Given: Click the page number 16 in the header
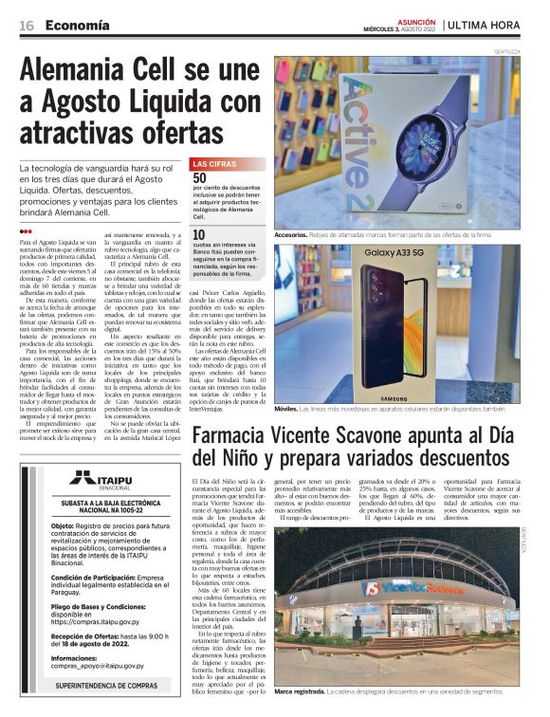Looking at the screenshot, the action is coord(27,25).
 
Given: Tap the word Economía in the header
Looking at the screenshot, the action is coord(77,25).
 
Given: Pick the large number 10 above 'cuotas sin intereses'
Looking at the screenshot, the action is coord(200,234).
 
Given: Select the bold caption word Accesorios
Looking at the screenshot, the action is coord(290,234).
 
